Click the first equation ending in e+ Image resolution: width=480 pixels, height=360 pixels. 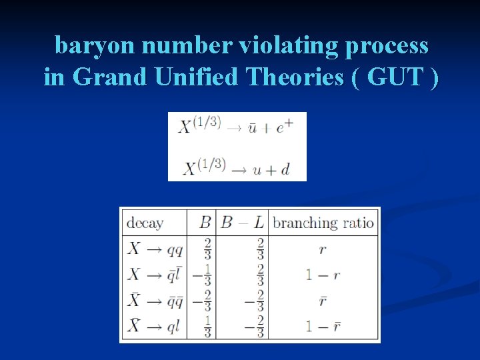236,127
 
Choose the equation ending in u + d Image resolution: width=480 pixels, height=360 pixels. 236,167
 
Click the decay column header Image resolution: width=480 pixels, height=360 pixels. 145,222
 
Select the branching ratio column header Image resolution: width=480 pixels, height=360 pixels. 323,222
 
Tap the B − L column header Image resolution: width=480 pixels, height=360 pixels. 243,222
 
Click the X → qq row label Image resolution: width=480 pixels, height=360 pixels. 155,249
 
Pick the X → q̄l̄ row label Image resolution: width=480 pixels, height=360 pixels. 155,275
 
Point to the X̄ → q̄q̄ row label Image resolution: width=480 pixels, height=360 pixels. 155,301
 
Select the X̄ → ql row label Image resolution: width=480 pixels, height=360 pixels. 155,326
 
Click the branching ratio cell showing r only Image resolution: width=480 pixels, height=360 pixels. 323,249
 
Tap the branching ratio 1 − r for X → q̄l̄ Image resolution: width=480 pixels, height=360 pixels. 323,275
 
